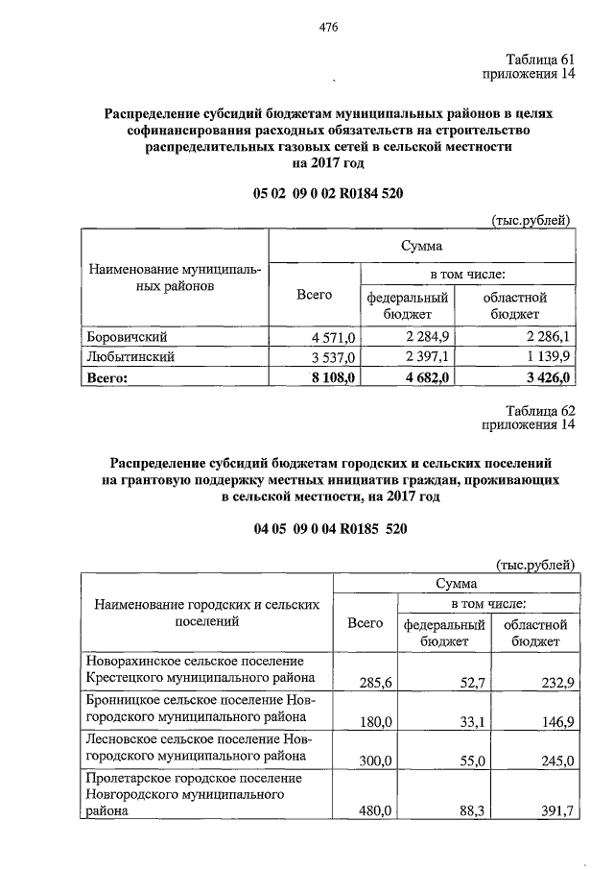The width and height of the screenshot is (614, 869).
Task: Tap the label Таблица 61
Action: tap(538, 60)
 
